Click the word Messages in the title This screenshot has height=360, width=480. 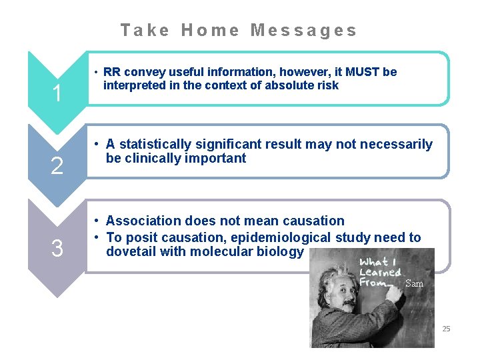pyautogui.click(x=303, y=30)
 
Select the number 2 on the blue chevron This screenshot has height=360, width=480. pyautogui.click(x=57, y=166)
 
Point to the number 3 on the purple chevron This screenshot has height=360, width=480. pyautogui.click(x=57, y=249)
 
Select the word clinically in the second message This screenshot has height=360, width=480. pyautogui.click(x=154, y=158)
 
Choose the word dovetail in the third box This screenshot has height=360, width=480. pyautogui.click(x=131, y=251)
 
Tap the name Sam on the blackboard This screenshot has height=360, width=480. pyautogui.click(x=414, y=283)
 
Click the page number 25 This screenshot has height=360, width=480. pyautogui.click(x=446, y=329)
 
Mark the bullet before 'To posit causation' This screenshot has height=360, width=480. pyautogui.click(x=97, y=237)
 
